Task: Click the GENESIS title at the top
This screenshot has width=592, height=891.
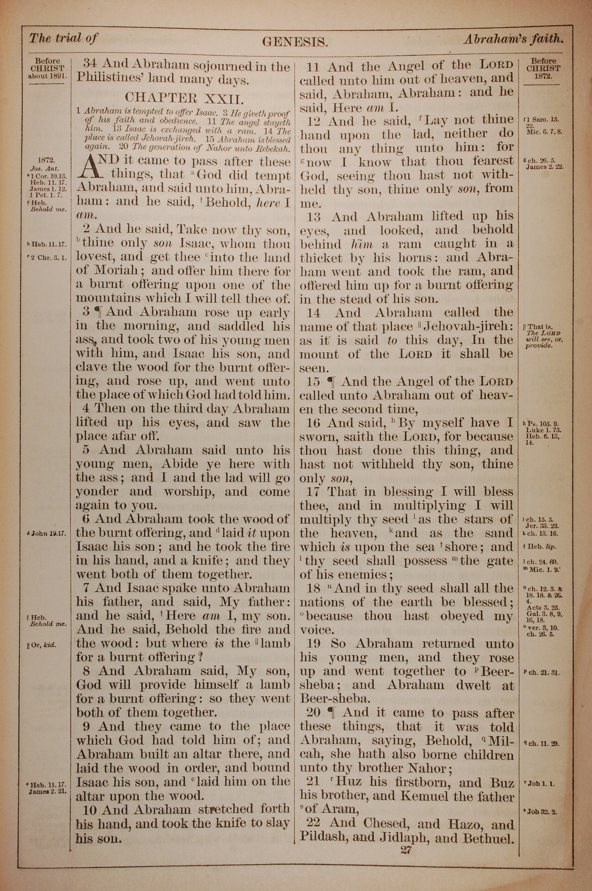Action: (295, 41)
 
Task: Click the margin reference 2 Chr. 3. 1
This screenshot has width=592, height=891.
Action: (50, 258)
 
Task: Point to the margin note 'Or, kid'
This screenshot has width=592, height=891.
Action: (45, 645)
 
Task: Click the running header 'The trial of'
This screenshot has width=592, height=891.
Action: (63, 38)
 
